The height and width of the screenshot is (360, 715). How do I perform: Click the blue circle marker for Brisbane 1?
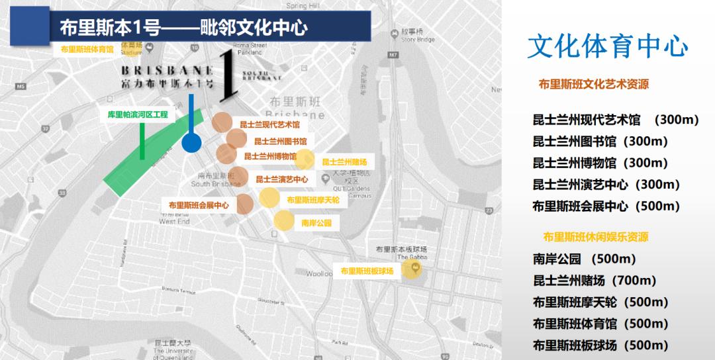tap(192, 144)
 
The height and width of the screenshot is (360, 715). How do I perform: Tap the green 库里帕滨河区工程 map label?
tap(138, 114)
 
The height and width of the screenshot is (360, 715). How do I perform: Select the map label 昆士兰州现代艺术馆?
tap(269, 124)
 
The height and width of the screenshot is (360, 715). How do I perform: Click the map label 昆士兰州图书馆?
tap(280, 142)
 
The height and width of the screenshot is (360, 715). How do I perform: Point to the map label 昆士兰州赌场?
tap(344, 162)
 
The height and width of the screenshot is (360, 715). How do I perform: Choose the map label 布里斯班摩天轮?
tap(313, 200)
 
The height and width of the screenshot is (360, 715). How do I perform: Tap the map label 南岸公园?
tap(315, 224)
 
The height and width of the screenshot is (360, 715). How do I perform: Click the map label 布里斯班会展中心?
tap(199, 206)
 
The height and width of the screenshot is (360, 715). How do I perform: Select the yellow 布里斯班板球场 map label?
tap(367, 271)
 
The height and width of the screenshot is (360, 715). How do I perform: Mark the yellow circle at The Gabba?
tap(413, 269)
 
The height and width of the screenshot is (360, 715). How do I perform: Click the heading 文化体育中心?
tap(607, 47)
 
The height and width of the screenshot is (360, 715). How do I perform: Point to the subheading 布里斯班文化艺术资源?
tap(593, 84)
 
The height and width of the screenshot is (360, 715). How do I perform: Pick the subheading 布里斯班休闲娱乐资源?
tap(595, 237)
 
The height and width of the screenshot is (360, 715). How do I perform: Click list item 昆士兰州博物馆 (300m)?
tap(600, 163)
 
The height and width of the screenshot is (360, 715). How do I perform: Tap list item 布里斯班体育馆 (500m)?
tap(600, 324)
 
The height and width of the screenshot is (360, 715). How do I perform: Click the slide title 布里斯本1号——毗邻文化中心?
tap(183, 28)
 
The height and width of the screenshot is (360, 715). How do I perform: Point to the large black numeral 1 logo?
tap(229, 76)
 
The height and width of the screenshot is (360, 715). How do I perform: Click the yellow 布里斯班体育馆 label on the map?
tap(87, 49)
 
